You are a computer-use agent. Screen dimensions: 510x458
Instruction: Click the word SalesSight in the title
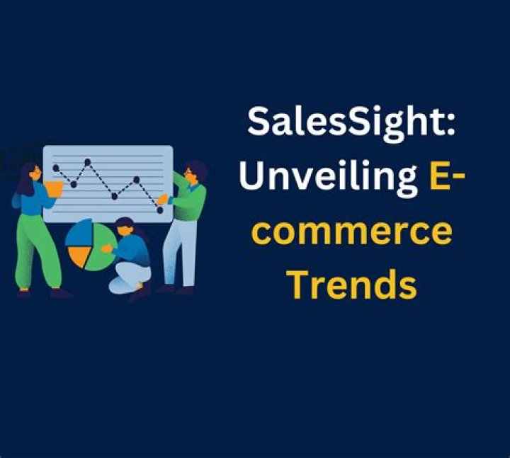click(x=345, y=123)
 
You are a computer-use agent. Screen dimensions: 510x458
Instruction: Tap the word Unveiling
click(x=329, y=178)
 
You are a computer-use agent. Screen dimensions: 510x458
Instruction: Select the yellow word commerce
click(x=351, y=231)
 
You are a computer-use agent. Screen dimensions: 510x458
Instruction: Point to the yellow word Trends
click(x=353, y=283)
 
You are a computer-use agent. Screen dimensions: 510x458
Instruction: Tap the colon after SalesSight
click(x=450, y=123)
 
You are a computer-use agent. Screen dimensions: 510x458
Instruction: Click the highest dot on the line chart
click(x=87, y=161)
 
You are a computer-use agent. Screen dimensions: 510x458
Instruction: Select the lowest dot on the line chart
click(x=159, y=210)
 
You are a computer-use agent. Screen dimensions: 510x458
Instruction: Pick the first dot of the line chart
click(x=56, y=168)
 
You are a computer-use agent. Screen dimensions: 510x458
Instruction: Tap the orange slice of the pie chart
click(x=79, y=255)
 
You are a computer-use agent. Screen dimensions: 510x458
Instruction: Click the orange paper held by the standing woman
click(x=54, y=189)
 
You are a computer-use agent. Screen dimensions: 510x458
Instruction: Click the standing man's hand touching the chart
click(x=163, y=199)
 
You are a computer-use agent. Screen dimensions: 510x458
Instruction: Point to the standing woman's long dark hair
click(x=27, y=180)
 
